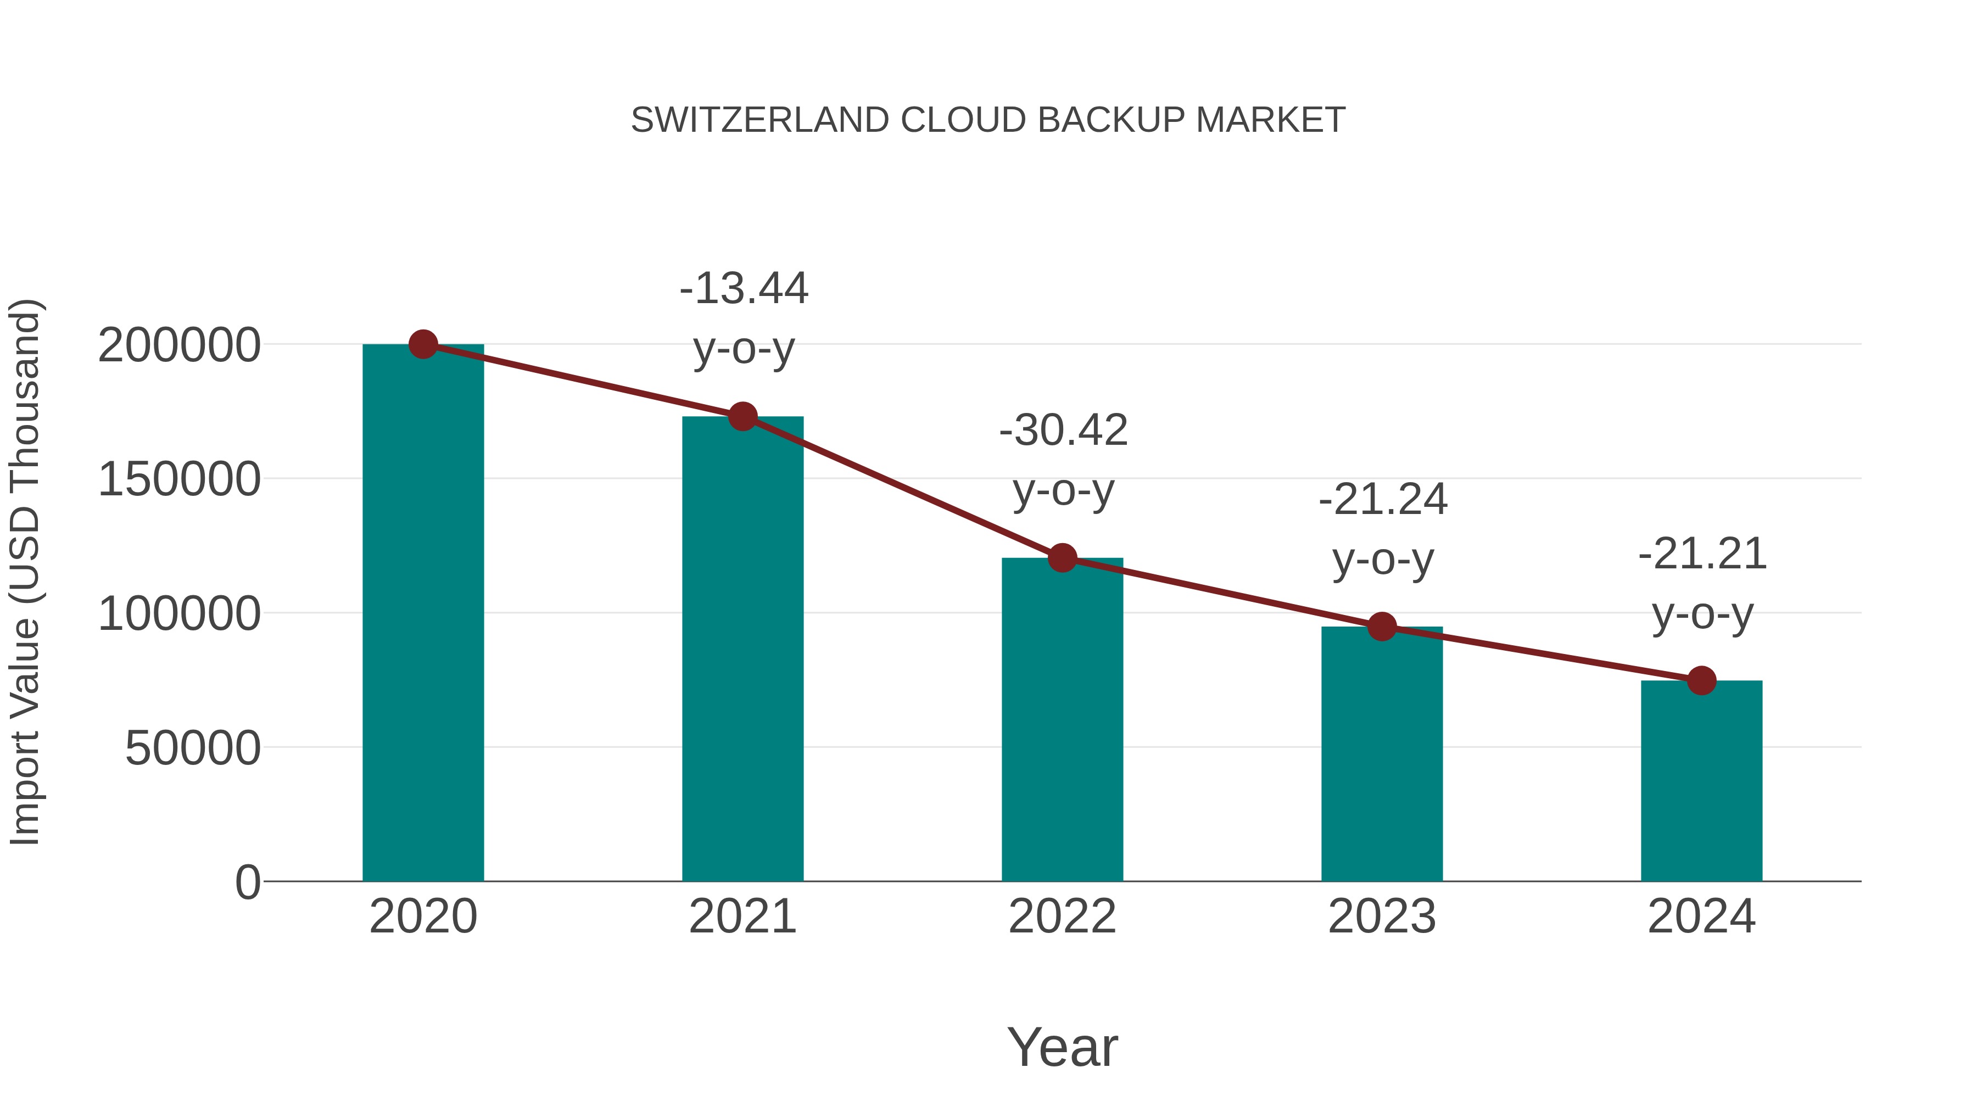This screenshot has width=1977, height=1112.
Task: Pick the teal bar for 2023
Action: point(1382,760)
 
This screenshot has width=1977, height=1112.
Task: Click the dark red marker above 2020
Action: point(423,344)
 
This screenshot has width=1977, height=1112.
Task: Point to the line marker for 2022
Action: point(1062,558)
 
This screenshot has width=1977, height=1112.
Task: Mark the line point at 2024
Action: point(1701,680)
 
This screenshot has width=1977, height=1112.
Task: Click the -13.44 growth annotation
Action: point(744,289)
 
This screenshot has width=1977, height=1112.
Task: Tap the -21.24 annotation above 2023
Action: point(1383,500)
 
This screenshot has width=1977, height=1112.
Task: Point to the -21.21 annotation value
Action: point(1702,555)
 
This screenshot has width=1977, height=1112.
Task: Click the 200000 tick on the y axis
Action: point(179,346)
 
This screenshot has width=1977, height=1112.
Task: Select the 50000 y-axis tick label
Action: point(193,749)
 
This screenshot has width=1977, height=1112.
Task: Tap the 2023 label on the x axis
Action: point(1382,917)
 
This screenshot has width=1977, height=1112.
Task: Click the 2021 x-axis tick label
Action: point(742,917)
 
